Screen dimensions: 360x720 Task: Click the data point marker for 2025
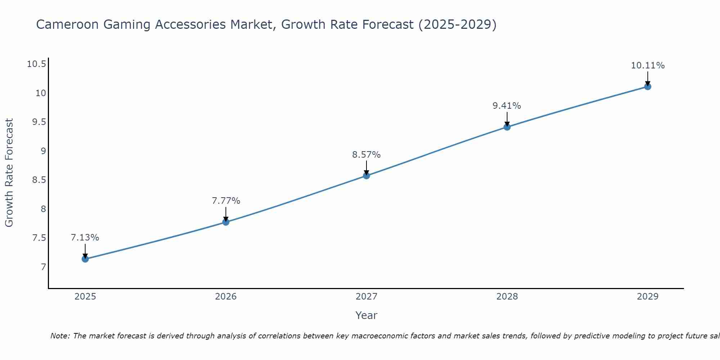[x=85, y=259]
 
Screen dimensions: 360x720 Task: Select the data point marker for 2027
[x=366, y=176]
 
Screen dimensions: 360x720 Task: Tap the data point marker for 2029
[x=648, y=86]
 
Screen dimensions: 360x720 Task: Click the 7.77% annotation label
[x=226, y=201]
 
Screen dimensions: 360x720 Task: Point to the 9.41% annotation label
[x=507, y=106]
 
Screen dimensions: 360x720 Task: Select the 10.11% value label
[x=648, y=66]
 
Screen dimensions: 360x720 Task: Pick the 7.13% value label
[x=85, y=238]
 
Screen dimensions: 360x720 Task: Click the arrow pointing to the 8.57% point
[x=366, y=168]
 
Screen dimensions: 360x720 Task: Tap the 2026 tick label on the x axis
[x=226, y=297]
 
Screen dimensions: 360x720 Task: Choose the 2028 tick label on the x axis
[x=507, y=297]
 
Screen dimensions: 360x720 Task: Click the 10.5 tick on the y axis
[x=36, y=64]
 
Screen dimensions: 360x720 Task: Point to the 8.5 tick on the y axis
[x=39, y=180]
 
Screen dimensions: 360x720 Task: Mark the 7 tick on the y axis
[x=44, y=267]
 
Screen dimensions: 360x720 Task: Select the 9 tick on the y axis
[x=44, y=151]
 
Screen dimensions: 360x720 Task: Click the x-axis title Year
[x=366, y=315]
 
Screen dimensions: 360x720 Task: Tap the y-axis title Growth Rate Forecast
[x=9, y=173]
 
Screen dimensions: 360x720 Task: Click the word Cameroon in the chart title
[x=67, y=24]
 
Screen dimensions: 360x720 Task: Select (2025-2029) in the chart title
[x=457, y=24]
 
